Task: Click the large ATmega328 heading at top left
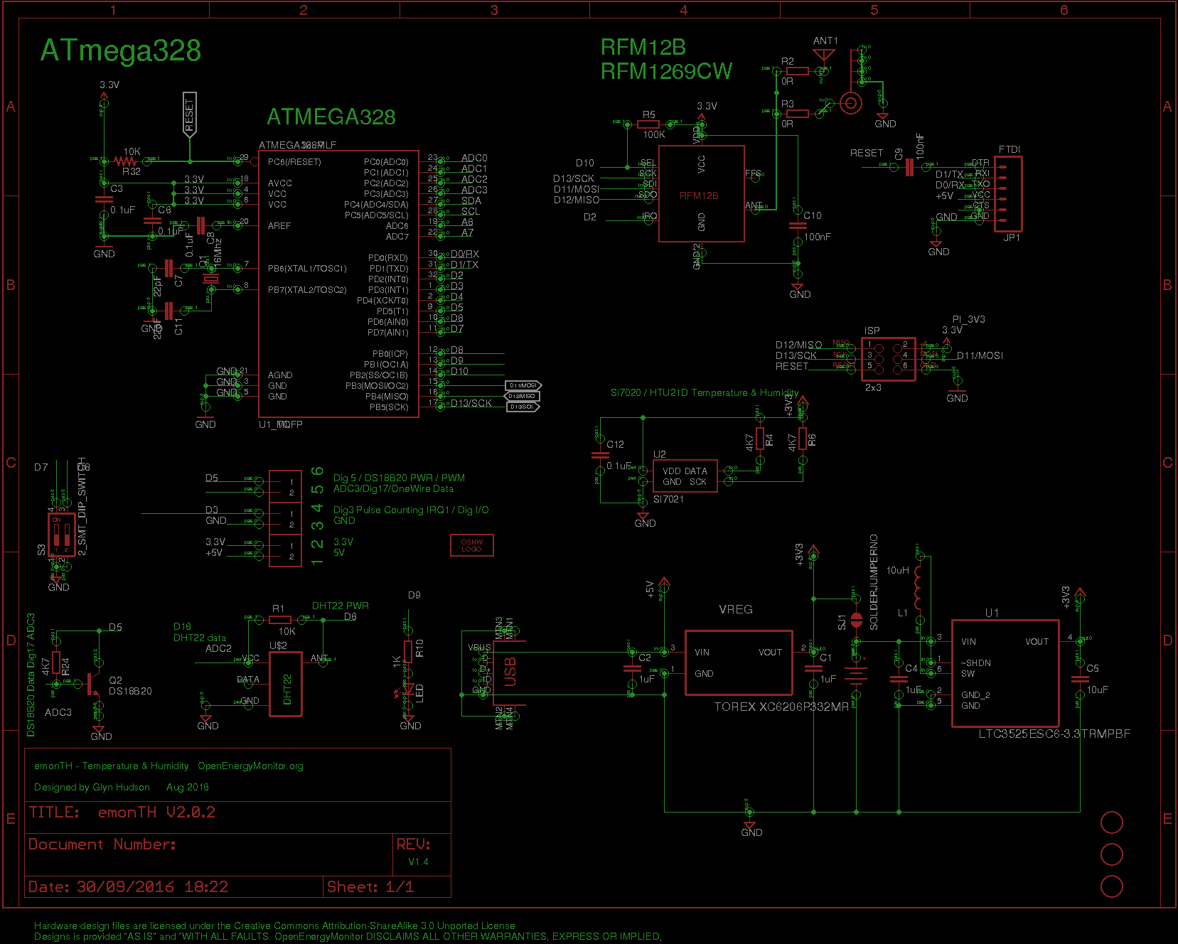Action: click(x=120, y=51)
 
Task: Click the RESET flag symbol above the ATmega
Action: click(x=189, y=114)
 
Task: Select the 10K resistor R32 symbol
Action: click(x=127, y=161)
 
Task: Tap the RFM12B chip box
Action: click(x=701, y=194)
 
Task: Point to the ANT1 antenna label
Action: click(x=825, y=41)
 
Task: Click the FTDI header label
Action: click(x=1010, y=149)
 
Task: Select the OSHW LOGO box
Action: click(x=471, y=545)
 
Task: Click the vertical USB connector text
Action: click(x=510, y=672)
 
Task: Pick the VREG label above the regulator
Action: click(x=735, y=609)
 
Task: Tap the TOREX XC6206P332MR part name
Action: click(x=781, y=707)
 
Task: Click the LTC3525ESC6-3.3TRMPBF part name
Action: click(x=1054, y=734)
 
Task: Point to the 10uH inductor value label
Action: click(x=897, y=570)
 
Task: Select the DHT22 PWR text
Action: click(x=340, y=606)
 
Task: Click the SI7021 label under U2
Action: click(x=668, y=499)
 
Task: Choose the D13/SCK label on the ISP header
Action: click(x=796, y=355)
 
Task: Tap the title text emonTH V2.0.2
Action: click(x=156, y=812)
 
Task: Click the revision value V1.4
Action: click(x=418, y=862)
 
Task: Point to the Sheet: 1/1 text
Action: click(x=370, y=886)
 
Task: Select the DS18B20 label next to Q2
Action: click(x=130, y=691)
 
